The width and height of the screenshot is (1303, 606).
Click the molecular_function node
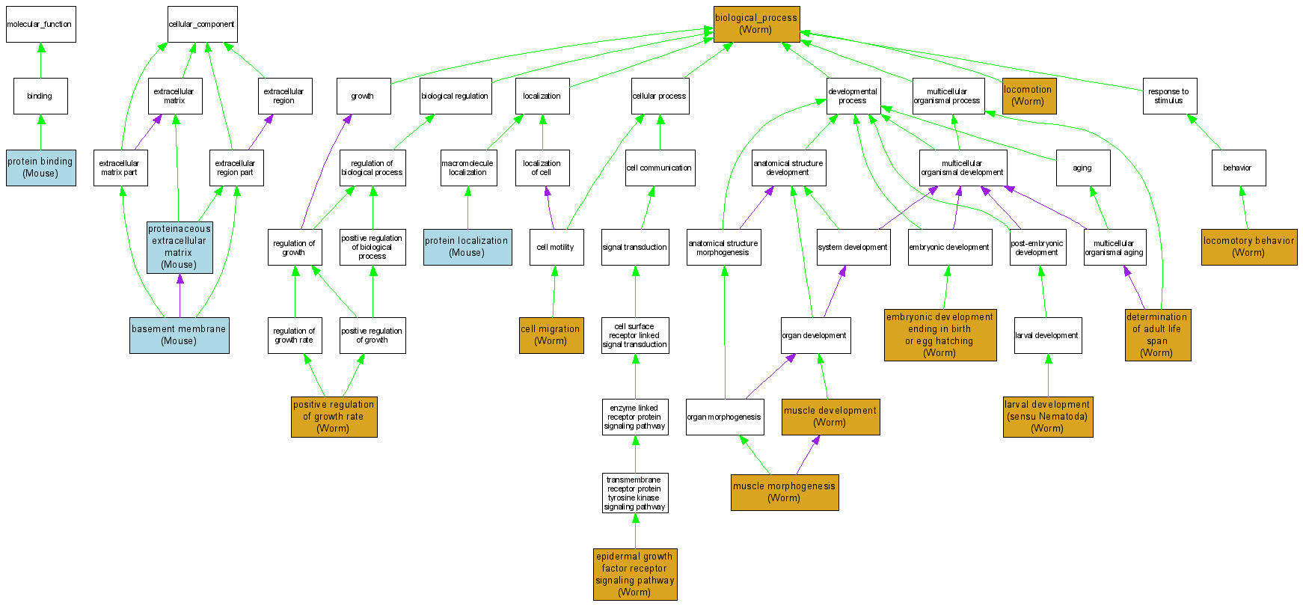40,24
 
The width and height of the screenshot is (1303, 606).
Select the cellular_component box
202,24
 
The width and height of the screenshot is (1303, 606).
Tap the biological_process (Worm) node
756,24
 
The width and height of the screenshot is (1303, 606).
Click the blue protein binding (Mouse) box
40,168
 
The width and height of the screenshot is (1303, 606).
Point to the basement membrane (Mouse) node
179,335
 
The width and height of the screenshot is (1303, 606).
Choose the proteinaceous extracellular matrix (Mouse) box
180,247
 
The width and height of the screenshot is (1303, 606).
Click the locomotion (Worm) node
1028,96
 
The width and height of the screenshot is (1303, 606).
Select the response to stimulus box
1169,96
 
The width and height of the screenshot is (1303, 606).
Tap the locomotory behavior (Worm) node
1248,247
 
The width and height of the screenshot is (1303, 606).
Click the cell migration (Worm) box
551,335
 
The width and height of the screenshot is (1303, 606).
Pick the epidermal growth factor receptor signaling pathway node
635,575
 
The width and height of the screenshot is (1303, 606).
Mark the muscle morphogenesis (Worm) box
784,492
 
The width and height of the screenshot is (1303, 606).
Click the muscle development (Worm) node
830,417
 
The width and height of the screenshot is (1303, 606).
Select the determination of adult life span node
1157,335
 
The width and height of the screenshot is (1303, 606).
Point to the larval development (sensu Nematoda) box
1047,417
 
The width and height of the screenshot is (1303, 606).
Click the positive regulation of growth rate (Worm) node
334,417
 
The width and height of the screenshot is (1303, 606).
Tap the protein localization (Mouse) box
467,247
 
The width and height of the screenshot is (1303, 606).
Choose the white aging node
1082,168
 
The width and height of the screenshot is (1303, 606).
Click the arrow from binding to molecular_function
41,60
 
